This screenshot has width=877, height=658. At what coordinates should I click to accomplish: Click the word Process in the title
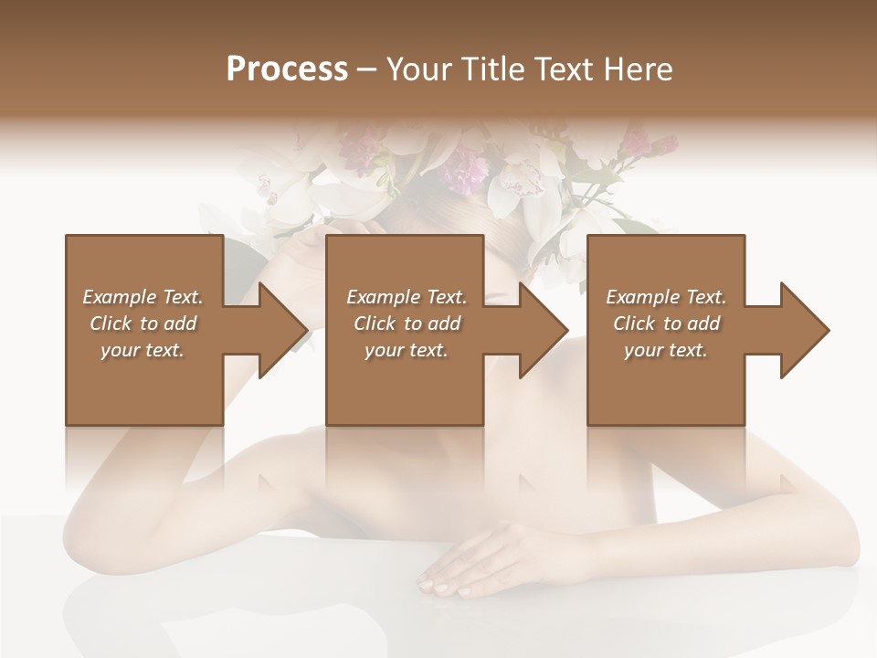[x=287, y=69]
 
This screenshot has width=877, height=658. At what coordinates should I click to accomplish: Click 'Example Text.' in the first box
[x=143, y=297]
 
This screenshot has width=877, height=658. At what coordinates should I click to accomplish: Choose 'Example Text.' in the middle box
[x=407, y=297]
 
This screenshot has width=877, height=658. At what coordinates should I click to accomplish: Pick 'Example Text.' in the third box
[x=666, y=297]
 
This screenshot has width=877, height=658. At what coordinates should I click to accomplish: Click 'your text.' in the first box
[x=143, y=350]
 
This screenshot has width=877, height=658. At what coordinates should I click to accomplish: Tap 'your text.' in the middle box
[x=407, y=350]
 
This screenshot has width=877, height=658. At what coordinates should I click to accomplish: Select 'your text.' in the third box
[x=666, y=350]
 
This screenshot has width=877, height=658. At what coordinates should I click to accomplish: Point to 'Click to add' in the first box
[x=143, y=324]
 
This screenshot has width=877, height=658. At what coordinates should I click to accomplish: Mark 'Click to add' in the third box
[x=666, y=324]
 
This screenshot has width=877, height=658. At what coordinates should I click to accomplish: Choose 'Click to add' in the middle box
[x=407, y=324]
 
